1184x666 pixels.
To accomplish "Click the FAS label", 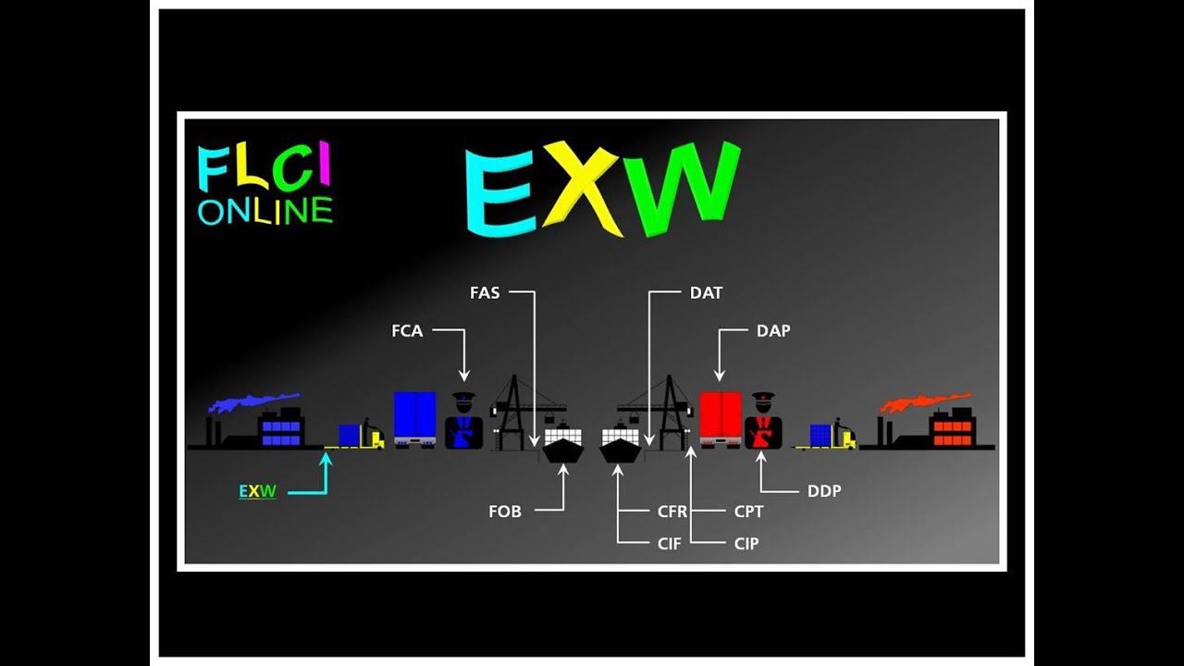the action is [485, 292].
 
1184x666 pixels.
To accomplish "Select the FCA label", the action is [407, 330].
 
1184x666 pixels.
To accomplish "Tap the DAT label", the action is [706, 292].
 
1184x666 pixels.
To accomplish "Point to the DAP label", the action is [773, 330].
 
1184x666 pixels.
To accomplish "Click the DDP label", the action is [824, 491].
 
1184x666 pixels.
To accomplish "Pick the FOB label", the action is [505, 512].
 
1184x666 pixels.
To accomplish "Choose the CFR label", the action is [672, 512].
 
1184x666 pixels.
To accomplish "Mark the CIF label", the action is [669, 544].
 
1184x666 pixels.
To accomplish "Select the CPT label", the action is [748, 512].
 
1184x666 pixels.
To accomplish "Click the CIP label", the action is [746, 544].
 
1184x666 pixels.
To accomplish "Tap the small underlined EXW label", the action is [257, 491].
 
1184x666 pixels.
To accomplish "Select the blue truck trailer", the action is [414, 416].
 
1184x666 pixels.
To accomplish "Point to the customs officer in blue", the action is [463, 424].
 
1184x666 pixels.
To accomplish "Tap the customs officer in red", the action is [763, 424].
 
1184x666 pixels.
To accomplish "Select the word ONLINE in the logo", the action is [265, 211].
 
